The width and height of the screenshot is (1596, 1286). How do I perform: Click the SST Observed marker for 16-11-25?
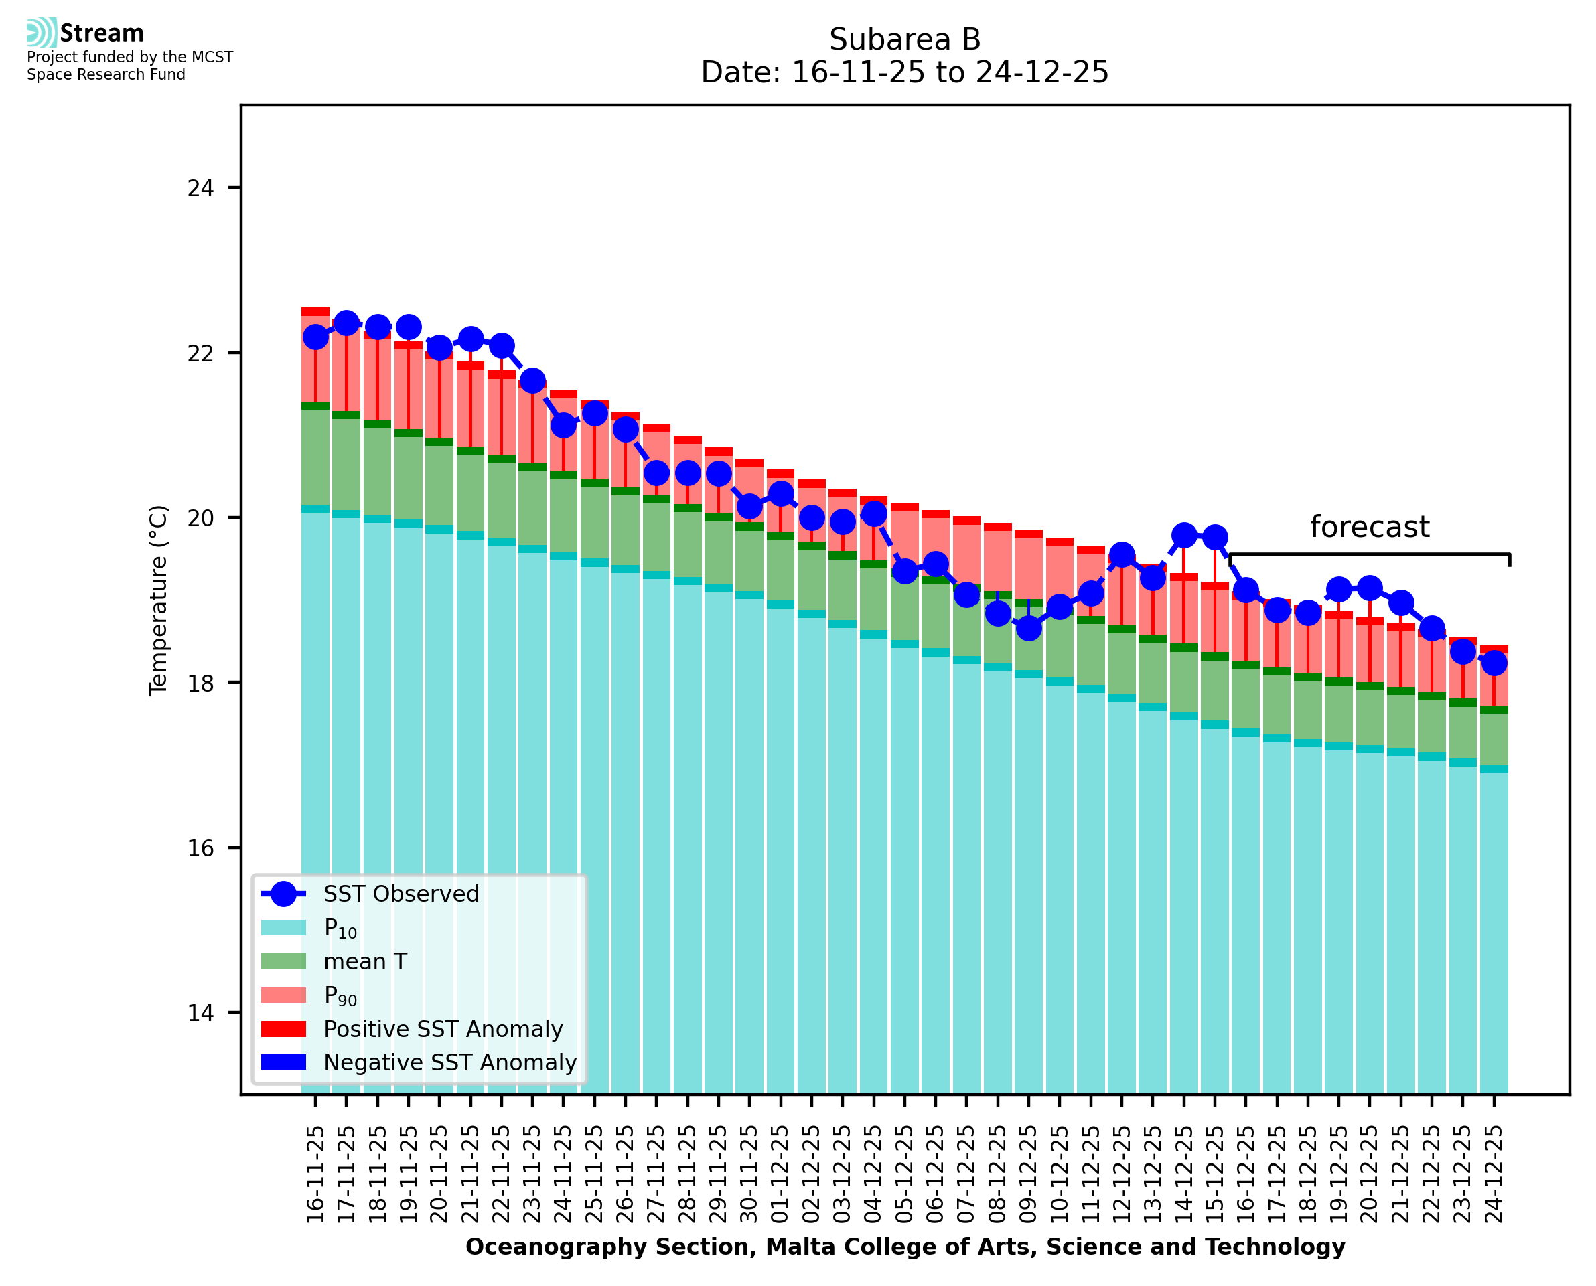pos(315,337)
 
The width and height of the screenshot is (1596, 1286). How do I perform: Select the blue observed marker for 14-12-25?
pos(1184,535)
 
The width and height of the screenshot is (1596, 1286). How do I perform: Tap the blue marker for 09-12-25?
pos(1029,628)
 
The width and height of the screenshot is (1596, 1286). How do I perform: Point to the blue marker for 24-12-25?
pos(1494,663)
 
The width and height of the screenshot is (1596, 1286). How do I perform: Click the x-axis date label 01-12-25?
pos(781,1175)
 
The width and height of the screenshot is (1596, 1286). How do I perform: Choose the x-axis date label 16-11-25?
pos(315,1175)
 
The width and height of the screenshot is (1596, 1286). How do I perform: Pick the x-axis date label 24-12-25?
pos(1494,1175)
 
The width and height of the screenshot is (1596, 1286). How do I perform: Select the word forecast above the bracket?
pos(1369,527)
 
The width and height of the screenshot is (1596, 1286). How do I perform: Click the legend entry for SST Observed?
pos(401,894)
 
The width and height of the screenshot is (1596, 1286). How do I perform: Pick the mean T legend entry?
pos(365,961)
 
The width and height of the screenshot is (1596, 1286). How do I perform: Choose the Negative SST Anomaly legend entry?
pos(450,1062)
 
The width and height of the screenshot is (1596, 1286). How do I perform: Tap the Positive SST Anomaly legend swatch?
pos(284,1029)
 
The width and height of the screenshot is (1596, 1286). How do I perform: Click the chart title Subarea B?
pos(905,39)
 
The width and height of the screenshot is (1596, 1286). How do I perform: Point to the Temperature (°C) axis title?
pos(159,600)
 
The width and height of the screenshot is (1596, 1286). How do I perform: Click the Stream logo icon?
pos(42,33)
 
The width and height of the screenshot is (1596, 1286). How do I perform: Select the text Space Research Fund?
pos(106,75)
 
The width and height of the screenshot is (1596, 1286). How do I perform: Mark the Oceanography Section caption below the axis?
pos(905,1247)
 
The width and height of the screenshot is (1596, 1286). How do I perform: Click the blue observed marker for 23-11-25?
pos(532,382)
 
